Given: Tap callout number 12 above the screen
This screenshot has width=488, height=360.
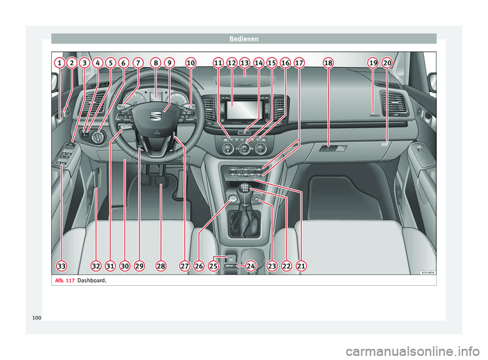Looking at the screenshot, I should pyautogui.click(x=232, y=63).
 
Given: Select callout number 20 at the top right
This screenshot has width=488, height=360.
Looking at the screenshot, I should pyautogui.click(x=387, y=63).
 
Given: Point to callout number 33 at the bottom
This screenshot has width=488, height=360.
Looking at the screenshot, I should pyautogui.click(x=61, y=266).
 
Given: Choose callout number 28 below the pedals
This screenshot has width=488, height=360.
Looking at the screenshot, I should pyautogui.click(x=161, y=266).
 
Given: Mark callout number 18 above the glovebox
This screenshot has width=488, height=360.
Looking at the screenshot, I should pyautogui.click(x=328, y=63).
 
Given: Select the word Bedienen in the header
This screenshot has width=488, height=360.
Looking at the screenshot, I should pyautogui.click(x=244, y=38).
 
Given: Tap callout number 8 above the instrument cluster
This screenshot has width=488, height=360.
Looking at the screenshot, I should pyautogui.click(x=156, y=63).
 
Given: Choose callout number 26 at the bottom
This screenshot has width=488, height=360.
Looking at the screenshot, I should pyautogui.click(x=199, y=266).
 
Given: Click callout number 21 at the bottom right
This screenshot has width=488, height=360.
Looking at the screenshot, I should pyautogui.click(x=302, y=266).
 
